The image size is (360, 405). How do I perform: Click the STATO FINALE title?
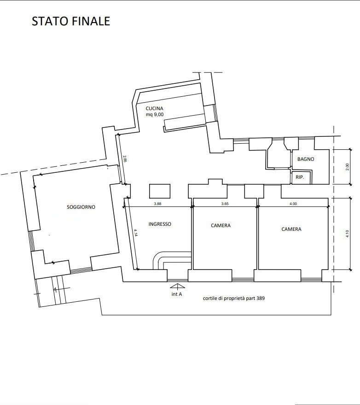[x=71, y=21]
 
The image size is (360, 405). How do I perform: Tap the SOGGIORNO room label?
[x=81, y=207]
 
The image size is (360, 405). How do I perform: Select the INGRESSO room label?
[x=160, y=224]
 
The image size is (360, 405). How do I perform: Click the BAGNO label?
[x=306, y=159]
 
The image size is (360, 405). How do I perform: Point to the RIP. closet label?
[x=300, y=177]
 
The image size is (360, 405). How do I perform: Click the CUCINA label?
[x=154, y=108]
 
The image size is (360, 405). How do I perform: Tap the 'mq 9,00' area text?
[x=155, y=115]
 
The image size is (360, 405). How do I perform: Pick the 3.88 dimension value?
[x=157, y=204]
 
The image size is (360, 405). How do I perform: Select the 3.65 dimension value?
[x=225, y=204]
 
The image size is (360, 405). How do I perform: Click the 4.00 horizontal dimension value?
[x=293, y=204]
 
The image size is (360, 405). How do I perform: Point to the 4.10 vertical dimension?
[x=347, y=234]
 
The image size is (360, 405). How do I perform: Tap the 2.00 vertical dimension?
[x=348, y=167]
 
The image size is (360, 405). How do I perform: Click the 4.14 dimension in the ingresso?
[x=136, y=233]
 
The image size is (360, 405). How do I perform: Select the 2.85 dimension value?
[x=125, y=158]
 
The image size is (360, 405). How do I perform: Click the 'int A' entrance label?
[x=177, y=294]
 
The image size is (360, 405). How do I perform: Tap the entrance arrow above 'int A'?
[x=177, y=286]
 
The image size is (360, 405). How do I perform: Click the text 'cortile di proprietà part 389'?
[x=234, y=298]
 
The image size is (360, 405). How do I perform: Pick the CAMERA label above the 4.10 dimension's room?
[x=291, y=229]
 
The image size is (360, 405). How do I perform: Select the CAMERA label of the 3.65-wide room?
[x=221, y=225]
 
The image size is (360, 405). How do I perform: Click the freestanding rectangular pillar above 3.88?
[x=160, y=191]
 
